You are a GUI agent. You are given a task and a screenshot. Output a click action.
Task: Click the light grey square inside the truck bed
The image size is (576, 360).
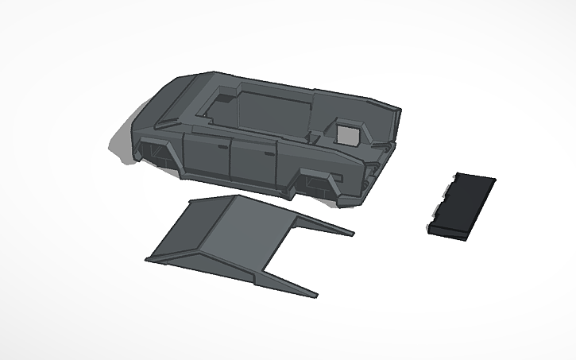tap(346, 133)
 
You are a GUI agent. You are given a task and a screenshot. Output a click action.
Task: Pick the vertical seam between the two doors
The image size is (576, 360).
tap(229, 159)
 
